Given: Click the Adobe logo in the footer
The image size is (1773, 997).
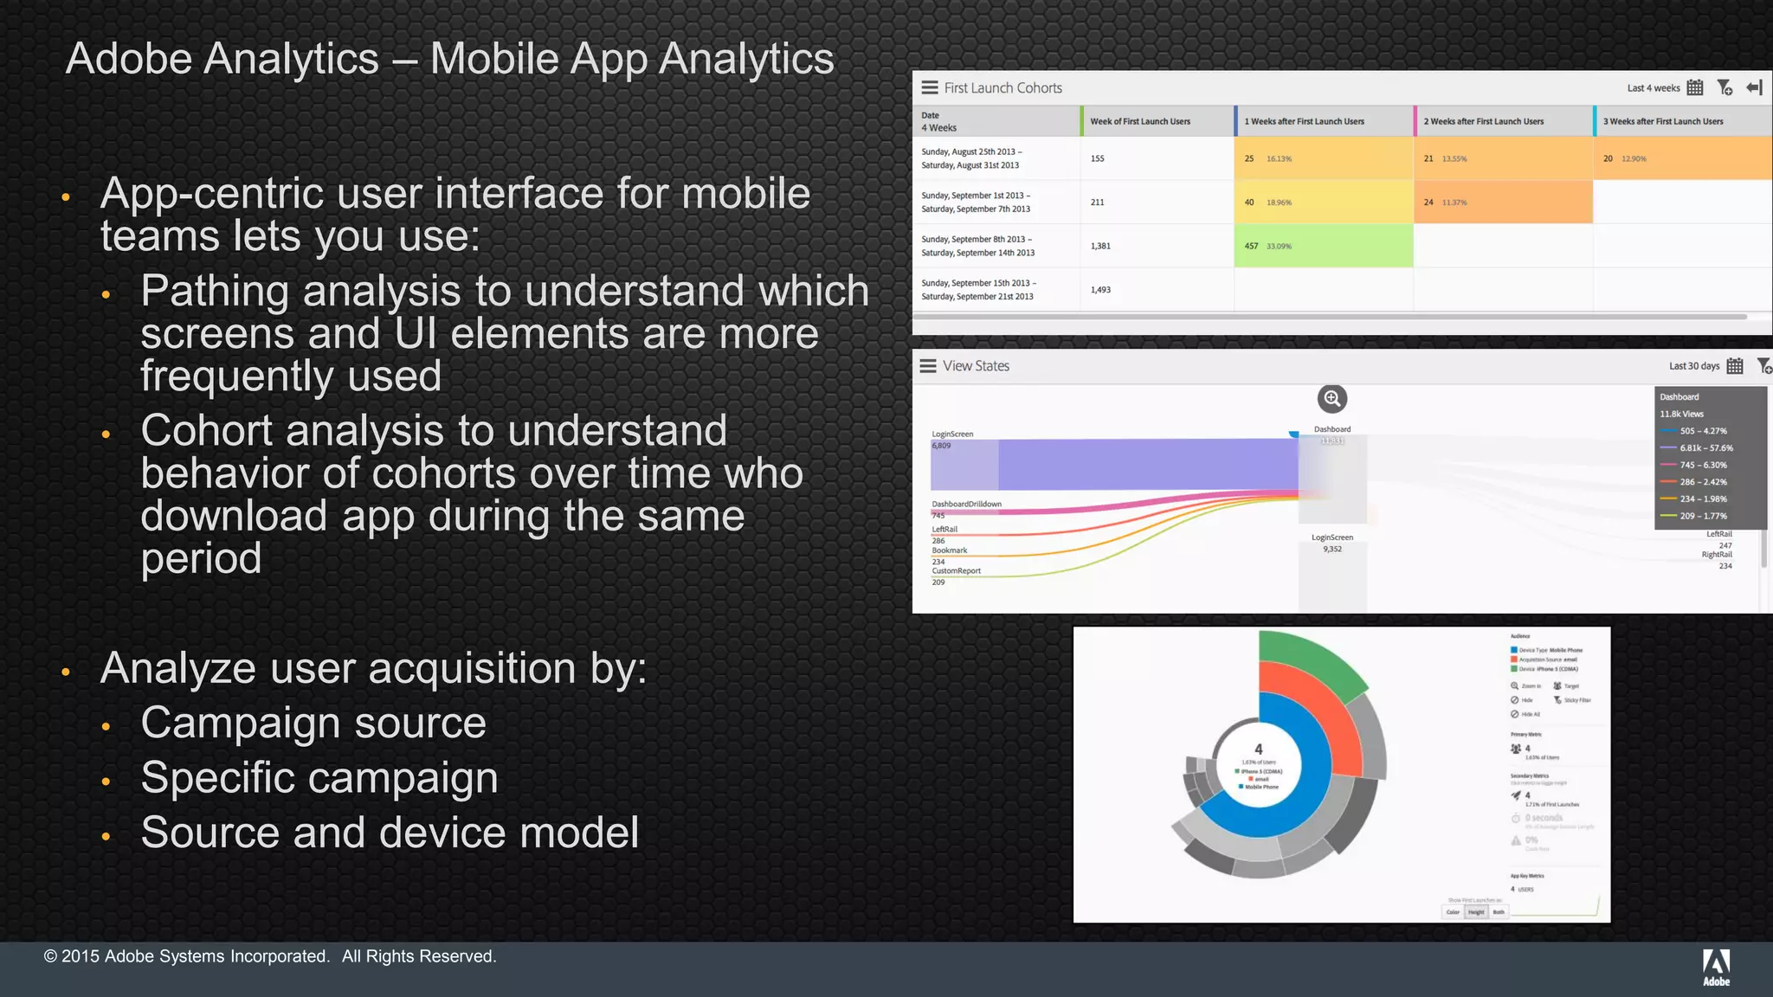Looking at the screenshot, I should (1716, 967).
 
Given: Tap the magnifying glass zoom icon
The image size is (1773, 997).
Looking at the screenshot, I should (1331, 399).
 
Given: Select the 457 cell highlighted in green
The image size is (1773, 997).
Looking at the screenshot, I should (1323, 246).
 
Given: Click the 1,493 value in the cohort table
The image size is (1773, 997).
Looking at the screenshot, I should (1100, 290).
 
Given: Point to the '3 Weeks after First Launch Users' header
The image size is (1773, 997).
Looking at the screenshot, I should (1662, 121).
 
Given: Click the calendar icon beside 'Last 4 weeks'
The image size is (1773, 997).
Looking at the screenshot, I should (1695, 87).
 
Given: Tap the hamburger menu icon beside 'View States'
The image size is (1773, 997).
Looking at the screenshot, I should (928, 366).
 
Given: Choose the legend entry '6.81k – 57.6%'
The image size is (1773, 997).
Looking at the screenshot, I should (1705, 447).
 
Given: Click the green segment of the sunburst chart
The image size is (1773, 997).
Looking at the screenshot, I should (1312, 663).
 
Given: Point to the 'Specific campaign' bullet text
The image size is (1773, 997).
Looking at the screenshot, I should (319, 777).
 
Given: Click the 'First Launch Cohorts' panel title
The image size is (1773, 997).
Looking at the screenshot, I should (1003, 87).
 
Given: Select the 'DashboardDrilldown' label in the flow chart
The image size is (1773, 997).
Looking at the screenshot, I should (966, 504).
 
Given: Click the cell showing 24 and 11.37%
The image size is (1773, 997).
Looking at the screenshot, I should (1503, 203).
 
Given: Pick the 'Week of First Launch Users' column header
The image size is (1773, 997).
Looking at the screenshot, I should (1139, 121).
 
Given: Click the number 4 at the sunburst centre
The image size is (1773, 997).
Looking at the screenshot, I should (1259, 749).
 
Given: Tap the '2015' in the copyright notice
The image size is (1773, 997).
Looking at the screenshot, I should (81, 956).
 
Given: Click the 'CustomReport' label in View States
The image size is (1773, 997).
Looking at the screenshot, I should (956, 570).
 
